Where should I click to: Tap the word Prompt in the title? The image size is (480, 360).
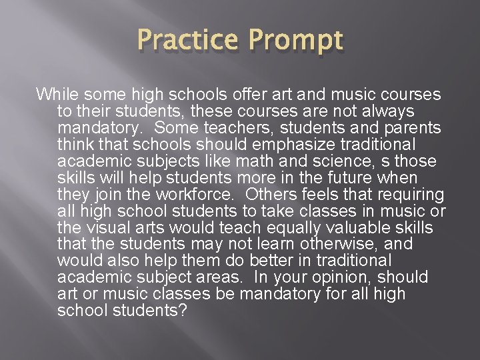[x=295, y=42]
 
